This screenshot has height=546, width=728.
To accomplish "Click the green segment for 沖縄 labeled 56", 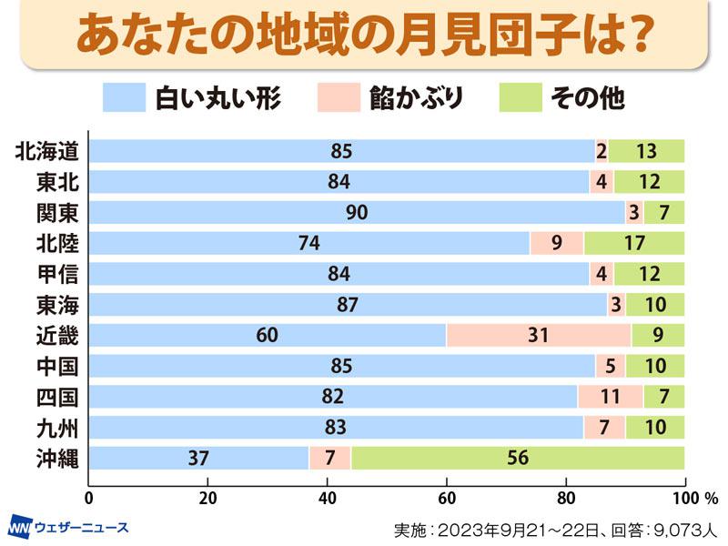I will tap(517, 458).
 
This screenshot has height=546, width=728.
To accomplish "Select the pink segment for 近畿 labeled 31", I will tap(539, 335).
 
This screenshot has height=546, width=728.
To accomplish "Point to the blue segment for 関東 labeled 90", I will tap(357, 212).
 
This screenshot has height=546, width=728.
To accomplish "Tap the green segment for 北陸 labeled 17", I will tap(633, 243).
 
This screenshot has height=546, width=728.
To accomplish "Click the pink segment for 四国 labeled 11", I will tap(610, 397).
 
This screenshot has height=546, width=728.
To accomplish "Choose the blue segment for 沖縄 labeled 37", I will tap(198, 458).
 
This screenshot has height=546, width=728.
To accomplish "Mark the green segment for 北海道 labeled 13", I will tap(646, 151).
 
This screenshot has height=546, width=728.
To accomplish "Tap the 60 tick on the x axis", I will tap(446, 498).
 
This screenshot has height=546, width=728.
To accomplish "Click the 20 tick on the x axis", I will tap(207, 498).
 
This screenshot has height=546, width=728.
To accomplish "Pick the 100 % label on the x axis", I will tap(693, 498).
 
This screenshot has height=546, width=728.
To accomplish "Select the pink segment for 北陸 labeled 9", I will tap(557, 243).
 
